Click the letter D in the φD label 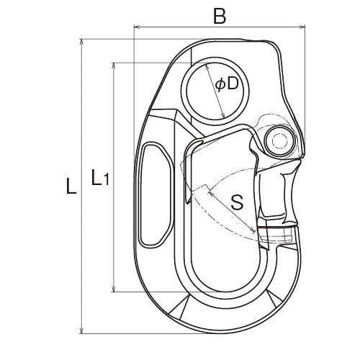(x=231, y=84)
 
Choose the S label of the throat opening (x=236, y=203)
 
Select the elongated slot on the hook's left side (x=155, y=195)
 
